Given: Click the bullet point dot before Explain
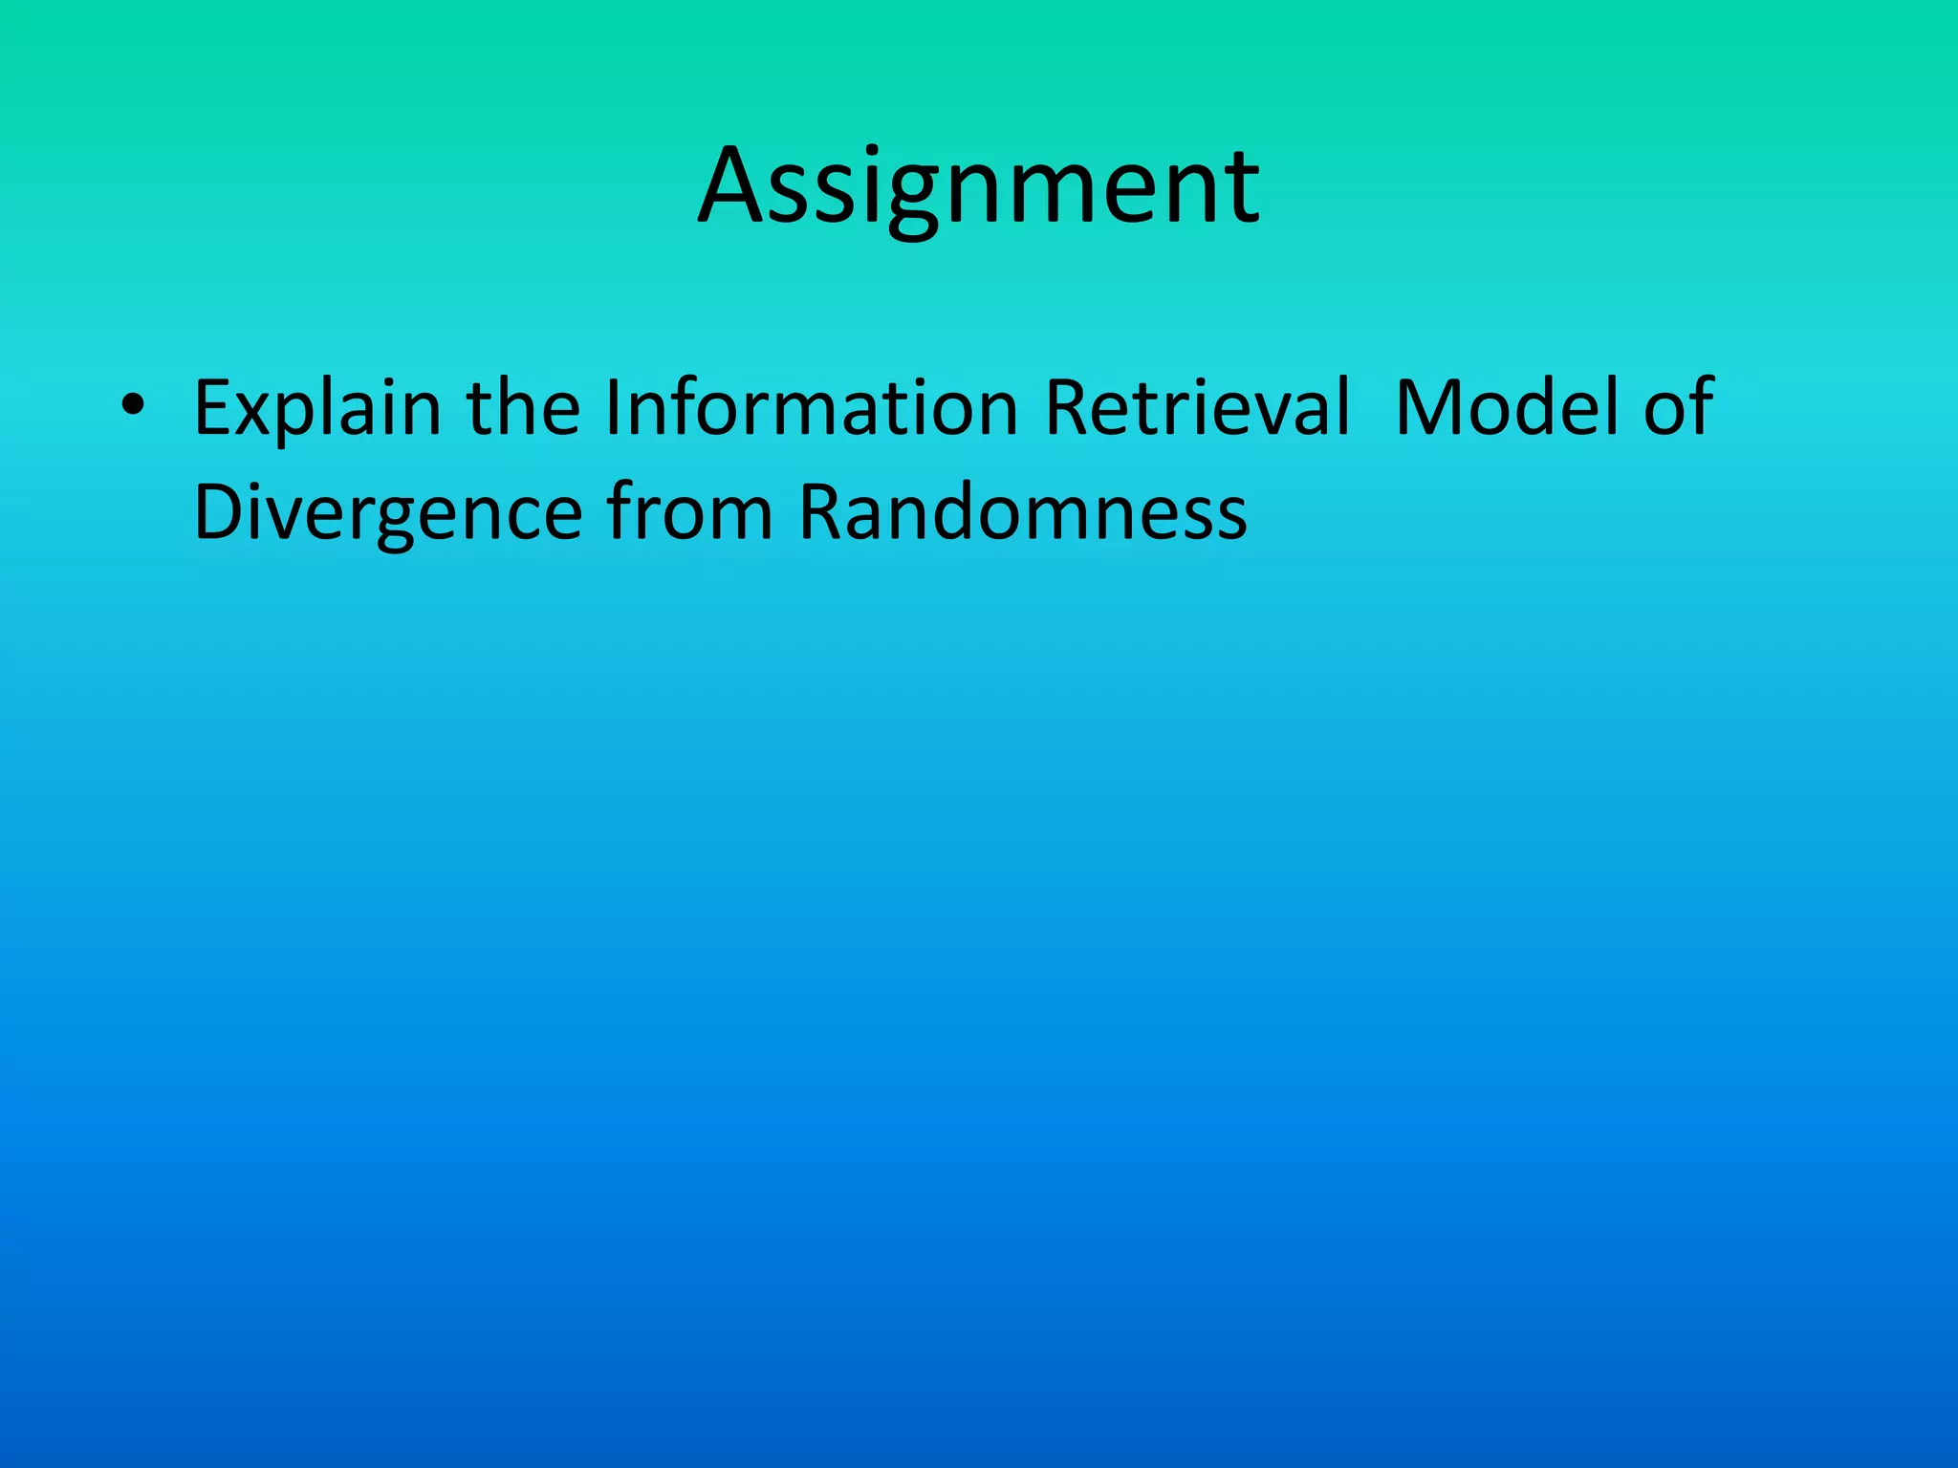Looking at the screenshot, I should pyautogui.click(x=133, y=406).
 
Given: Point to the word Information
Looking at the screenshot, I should pyautogui.click(x=811, y=407).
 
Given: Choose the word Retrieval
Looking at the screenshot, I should pyautogui.click(x=1198, y=407).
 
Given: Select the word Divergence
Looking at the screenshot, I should pyautogui.click(x=387, y=513).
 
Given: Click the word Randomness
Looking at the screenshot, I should pyautogui.click(x=1023, y=512).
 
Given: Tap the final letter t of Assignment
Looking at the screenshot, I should pyautogui.click(x=1242, y=188).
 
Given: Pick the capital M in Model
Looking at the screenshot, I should pyautogui.click(x=1425, y=407).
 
